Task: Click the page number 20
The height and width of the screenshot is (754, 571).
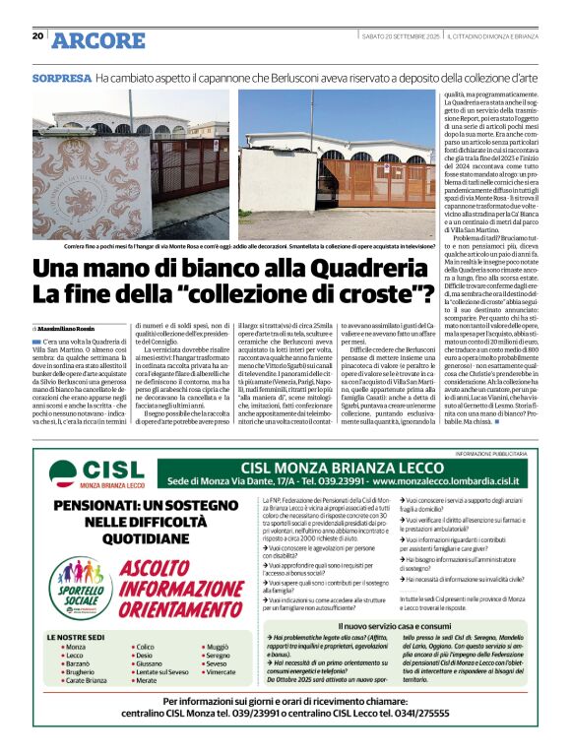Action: [x=37, y=36]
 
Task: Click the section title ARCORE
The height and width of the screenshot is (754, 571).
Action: [x=98, y=39]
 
